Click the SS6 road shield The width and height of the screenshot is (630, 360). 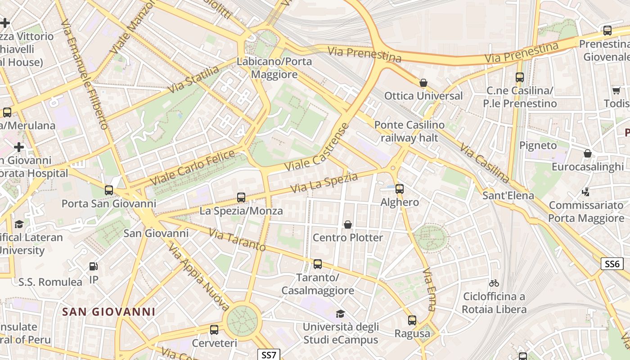pyautogui.click(x=612, y=264)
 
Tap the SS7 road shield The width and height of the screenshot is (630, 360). pyautogui.click(x=269, y=355)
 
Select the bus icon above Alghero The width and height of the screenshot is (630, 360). pyautogui.click(x=400, y=189)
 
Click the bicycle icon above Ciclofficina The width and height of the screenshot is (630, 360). pyautogui.click(x=494, y=283)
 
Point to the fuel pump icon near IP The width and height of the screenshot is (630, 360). pyautogui.click(x=94, y=266)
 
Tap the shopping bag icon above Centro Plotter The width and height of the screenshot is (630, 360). pyautogui.click(x=348, y=224)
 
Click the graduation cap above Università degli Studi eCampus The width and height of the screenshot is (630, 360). pyautogui.click(x=340, y=314)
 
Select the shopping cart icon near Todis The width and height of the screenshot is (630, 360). pyautogui.click(x=616, y=90)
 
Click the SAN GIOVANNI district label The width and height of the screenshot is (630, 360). pyautogui.click(x=108, y=311)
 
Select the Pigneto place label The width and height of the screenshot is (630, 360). pyautogui.click(x=538, y=145)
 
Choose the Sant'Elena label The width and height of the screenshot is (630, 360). pyautogui.click(x=508, y=195)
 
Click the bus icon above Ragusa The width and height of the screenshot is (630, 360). pyautogui.click(x=412, y=320)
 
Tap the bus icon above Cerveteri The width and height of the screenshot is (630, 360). pyautogui.click(x=214, y=329)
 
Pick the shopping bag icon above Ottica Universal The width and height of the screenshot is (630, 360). pyautogui.click(x=423, y=83)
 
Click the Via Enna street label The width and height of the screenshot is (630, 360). pyautogui.click(x=429, y=289)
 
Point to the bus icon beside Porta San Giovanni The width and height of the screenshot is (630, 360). pyautogui.click(x=109, y=190)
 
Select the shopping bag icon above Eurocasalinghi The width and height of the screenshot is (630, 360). pyautogui.click(x=587, y=154)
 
